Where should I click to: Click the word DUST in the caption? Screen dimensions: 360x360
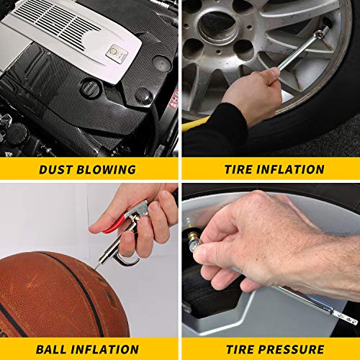pos(55,170)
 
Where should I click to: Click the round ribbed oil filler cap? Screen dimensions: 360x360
pos(90,89)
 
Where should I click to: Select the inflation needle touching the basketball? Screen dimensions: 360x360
pos(98,265)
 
